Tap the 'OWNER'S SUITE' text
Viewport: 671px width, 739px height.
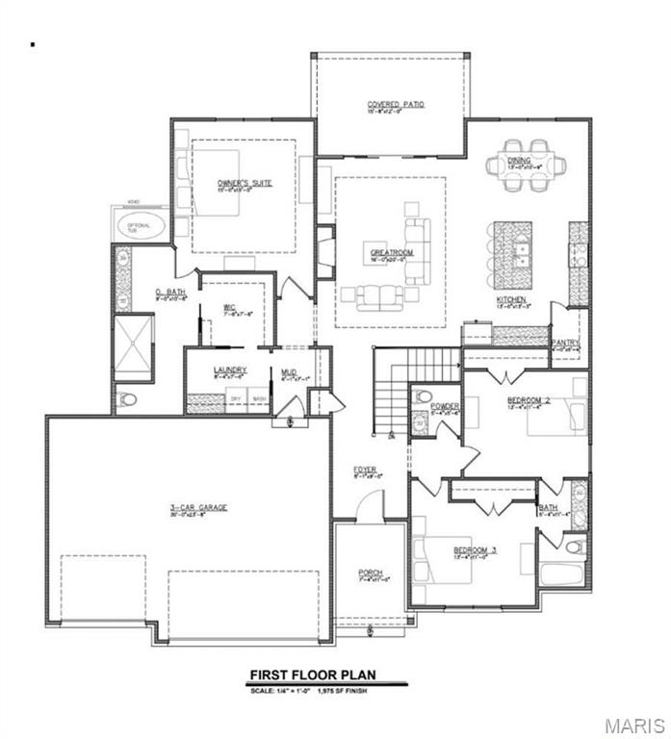[x=236, y=183]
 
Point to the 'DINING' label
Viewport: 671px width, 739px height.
[x=519, y=160]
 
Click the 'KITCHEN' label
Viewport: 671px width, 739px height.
[x=510, y=299]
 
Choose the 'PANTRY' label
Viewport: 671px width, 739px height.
[x=564, y=342]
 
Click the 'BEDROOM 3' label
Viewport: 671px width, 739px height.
[x=474, y=550]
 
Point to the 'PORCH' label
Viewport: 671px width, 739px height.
[x=371, y=573]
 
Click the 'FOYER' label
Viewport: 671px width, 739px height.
[x=364, y=470]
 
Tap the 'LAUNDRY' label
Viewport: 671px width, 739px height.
[x=230, y=369]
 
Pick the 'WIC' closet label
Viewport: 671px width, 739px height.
[x=230, y=309]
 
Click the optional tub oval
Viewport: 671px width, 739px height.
[x=141, y=227]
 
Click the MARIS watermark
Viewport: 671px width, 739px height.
[x=631, y=722]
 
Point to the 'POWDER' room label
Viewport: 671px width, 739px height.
[x=445, y=406]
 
